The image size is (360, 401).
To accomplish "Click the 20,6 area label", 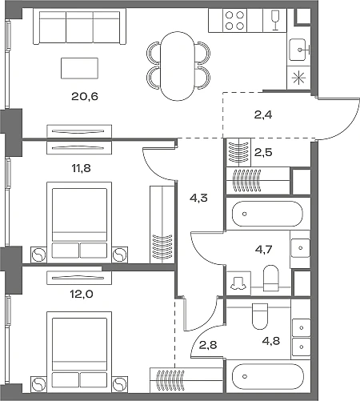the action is click(x=85, y=96).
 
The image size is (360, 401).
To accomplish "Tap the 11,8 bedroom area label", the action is click(x=81, y=168).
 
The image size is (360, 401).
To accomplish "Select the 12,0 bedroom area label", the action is click(x=82, y=295).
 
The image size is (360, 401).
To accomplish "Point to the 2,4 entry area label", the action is click(x=263, y=115).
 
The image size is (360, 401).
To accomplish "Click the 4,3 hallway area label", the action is click(x=198, y=198).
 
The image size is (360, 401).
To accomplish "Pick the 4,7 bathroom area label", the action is click(x=263, y=249).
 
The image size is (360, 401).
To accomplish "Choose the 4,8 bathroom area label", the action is click(x=271, y=341).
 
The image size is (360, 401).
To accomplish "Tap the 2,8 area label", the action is click(x=208, y=345).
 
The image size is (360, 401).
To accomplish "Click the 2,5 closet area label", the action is click(x=263, y=152).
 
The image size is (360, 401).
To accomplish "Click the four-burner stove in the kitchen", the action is click(x=234, y=21).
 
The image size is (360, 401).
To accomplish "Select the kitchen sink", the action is click(x=298, y=50).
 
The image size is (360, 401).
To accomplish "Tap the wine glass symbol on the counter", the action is click(x=274, y=21).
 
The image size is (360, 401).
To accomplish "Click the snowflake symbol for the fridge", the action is click(x=298, y=78).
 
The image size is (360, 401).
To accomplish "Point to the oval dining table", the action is click(x=178, y=66).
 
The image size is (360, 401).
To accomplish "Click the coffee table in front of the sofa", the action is click(x=79, y=68).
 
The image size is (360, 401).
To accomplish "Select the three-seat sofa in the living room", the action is click(x=79, y=26).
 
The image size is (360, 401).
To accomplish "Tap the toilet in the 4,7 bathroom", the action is click(x=271, y=278).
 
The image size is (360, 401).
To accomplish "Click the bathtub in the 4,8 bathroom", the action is click(x=268, y=376).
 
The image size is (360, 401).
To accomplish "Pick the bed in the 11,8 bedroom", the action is click(x=79, y=221).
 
